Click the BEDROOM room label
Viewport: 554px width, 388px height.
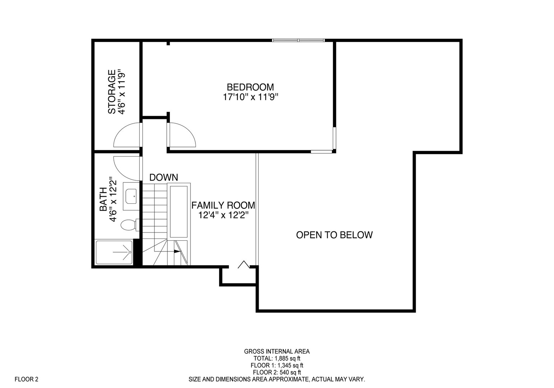tap(250, 87)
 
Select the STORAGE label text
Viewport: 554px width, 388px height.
tap(112, 92)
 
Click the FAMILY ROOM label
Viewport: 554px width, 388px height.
tap(223, 205)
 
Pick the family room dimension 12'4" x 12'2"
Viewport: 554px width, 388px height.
tap(223, 215)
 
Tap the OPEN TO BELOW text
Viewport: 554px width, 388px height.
tap(334, 235)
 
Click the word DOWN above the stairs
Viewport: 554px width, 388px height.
tap(163, 177)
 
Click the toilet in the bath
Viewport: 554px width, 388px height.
tap(128, 225)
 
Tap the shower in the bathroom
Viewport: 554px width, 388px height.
tap(114, 252)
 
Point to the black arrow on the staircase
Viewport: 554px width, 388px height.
tap(177, 251)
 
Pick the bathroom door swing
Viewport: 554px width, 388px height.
tap(126, 168)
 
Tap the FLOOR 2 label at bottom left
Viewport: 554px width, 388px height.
tap(26, 379)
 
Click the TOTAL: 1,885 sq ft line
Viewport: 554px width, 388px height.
tap(277, 358)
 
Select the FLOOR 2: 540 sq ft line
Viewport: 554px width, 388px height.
tap(277, 372)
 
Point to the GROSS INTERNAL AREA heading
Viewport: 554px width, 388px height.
tap(277, 351)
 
